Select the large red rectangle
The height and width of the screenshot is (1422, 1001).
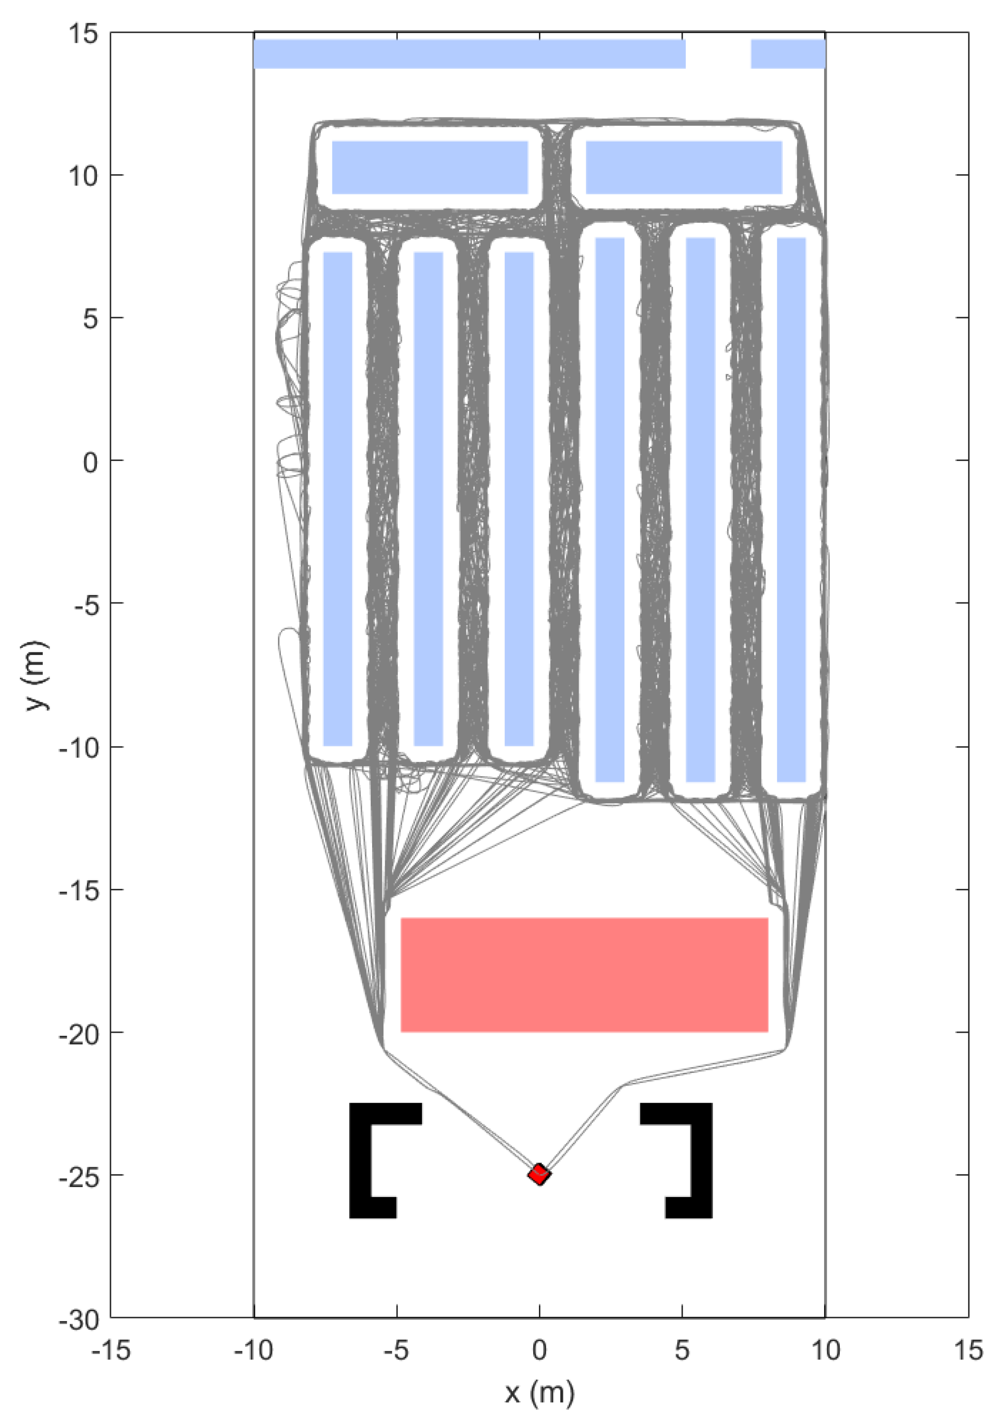[584, 974]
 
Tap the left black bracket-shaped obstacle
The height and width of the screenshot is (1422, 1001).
[361, 1161]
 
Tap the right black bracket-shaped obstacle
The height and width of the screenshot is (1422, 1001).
[701, 1161]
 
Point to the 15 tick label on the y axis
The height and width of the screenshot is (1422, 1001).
[83, 34]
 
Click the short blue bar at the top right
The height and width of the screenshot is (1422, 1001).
[787, 54]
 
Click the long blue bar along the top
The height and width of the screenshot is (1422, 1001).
[469, 54]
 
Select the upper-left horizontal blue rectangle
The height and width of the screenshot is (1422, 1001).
[430, 167]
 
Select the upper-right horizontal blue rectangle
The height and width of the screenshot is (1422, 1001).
[683, 167]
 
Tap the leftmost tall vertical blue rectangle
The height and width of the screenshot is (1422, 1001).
[338, 498]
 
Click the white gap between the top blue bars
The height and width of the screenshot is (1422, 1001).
[718, 54]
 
